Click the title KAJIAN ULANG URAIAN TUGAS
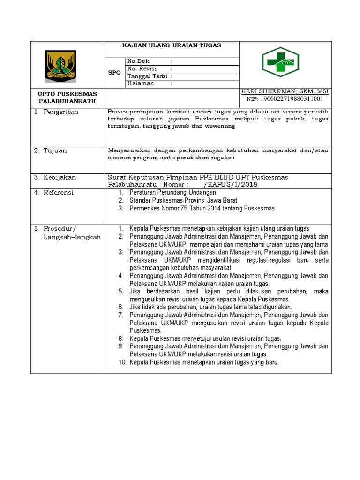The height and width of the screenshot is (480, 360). point(171,45)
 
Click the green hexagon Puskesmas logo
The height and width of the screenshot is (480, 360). point(280,64)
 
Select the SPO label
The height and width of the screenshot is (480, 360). point(115,73)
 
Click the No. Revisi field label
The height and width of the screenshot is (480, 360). point(142,68)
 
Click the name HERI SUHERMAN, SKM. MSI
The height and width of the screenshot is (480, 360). point(285,92)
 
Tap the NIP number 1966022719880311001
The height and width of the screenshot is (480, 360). point(285,99)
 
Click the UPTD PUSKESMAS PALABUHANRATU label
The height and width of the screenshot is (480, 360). point(67,97)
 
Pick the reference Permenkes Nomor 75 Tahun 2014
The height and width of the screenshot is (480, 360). point(202,208)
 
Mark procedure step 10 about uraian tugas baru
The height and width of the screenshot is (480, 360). point(204,362)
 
